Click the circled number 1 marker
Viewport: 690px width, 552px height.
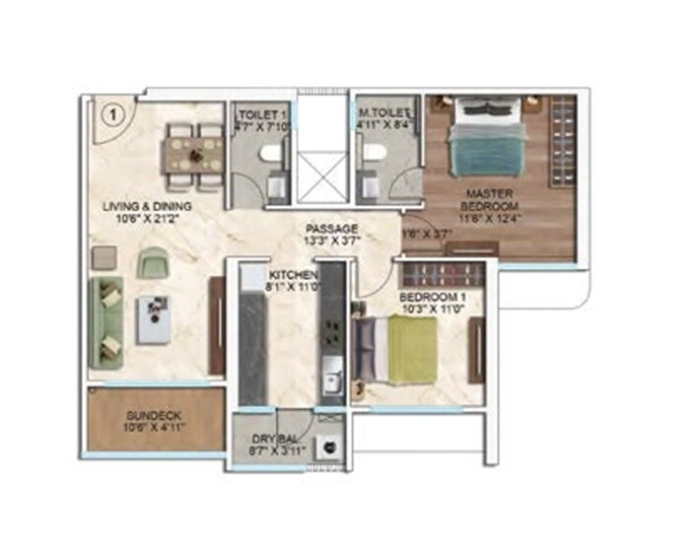point(113,113)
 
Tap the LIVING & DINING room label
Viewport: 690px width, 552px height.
point(148,206)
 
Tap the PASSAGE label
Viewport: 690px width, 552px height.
point(330,228)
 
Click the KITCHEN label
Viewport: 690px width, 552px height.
point(293,274)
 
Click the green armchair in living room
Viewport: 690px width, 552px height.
point(151,262)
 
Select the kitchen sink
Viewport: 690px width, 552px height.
point(332,375)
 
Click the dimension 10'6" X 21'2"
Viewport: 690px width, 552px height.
point(148,220)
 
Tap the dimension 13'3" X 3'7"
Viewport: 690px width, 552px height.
point(330,241)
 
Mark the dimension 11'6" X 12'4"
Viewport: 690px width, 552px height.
point(487,216)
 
